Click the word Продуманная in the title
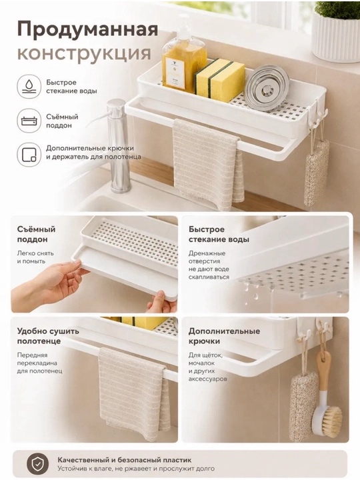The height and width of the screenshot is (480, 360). pyautogui.click(x=87, y=30)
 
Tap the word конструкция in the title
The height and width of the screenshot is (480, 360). pyautogui.click(x=84, y=53)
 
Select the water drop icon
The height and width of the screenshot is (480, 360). pyautogui.click(x=29, y=87)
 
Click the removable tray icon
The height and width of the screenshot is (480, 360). pyautogui.click(x=29, y=121)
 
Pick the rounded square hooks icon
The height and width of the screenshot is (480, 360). pyautogui.click(x=29, y=155)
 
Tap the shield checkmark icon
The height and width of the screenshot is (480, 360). pyautogui.click(x=37, y=464)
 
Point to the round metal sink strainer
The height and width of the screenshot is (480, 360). pyautogui.click(x=267, y=87)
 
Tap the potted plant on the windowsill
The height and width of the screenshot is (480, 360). pyautogui.click(x=337, y=31)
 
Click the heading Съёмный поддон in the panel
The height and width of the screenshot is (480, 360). pyautogui.click(x=37, y=234)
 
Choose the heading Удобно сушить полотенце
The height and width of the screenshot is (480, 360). pyautogui.click(x=48, y=336)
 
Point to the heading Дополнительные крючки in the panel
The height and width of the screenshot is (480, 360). pyautogui.click(x=224, y=336)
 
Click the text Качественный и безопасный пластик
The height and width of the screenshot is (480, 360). pyautogui.click(x=125, y=460)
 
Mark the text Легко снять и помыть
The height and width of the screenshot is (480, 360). pyautogui.click(x=35, y=257)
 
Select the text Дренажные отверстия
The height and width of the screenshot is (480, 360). pyautogui.click(x=207, y=257)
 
